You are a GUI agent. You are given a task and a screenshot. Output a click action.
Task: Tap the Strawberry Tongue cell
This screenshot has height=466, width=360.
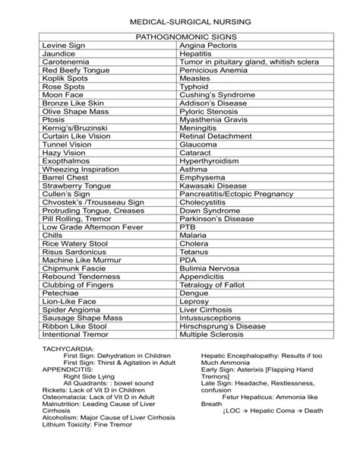tap(74, 205)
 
